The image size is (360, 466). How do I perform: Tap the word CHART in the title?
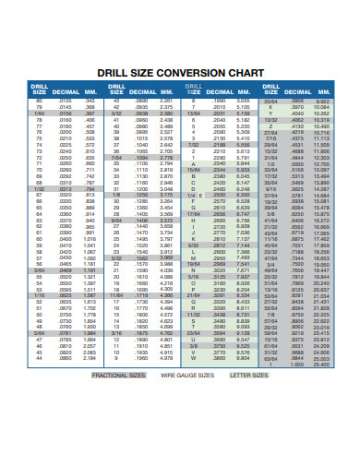(243, 72)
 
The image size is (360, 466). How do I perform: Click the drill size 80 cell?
(40, 100)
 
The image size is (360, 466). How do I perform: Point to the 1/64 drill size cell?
(40, 113)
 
